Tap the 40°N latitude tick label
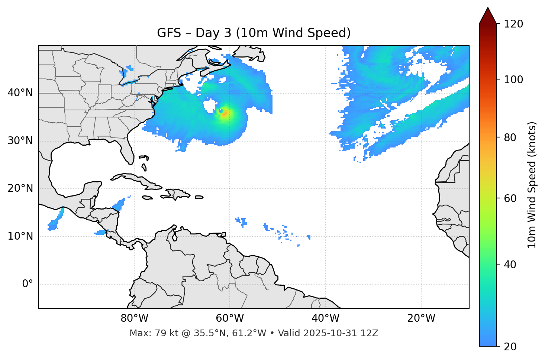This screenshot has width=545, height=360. pyautogui.click(x=20, y=93)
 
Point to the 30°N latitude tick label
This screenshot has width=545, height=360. pyautogui.click(x=20, y=141)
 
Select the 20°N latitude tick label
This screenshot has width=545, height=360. pyautogui.click(x=20, y=188)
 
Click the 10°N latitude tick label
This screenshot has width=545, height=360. pyautogui.click(x=20, y=236)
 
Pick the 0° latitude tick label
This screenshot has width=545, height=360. pyautogui.click(x=27, y=284)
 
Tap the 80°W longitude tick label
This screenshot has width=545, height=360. pyautogui.click(x=134, y=318)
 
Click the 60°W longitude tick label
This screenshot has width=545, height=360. pyautogui.click(x=230, y=318)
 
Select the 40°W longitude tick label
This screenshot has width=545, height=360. pyautogui.click(x=325, y=318)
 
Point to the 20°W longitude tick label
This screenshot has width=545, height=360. pyautogui.click(x=421, y=318)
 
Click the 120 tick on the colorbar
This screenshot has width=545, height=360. pyautogui.click(x=514, y=24)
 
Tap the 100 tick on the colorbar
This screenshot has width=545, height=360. pyautogui.click(x=514, y=80)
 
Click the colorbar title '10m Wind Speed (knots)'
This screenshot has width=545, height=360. pyautogui.click(x=532, y=185)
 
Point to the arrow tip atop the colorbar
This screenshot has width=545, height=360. pyautogui.click(x=488, y=8)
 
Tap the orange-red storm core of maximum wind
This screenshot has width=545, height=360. pyautogui.click(x=224, y=113)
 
